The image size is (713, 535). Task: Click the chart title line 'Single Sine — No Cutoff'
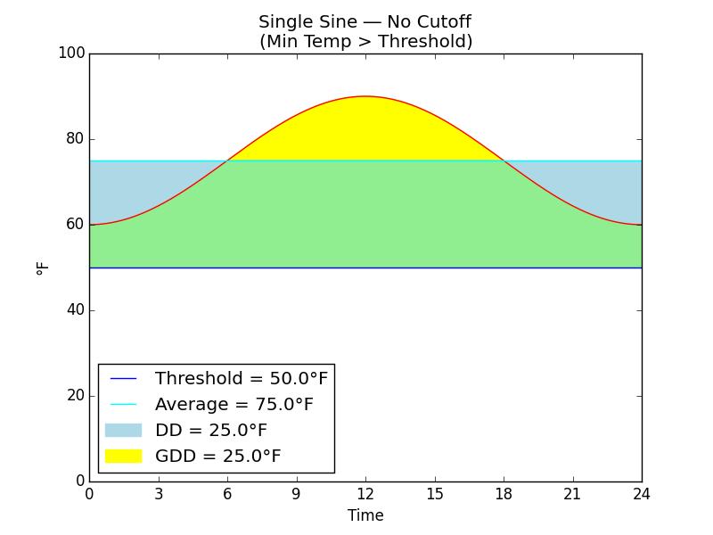click(x=365, y=22)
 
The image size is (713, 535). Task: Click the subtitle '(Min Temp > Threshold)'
click(x=365, y=42)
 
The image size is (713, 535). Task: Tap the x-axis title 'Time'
click(x=365, y=515)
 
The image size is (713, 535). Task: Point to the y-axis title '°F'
click(x=43, y=267)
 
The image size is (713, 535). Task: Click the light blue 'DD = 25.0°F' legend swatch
click(x=123, y=431)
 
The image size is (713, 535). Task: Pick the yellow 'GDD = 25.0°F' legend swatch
click(x=123, y=457)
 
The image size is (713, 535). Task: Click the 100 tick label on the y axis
click(x=71, y=53)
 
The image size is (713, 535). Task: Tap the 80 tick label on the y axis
click(x=75, y=139)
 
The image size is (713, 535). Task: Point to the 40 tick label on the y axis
click(x=75, y=310)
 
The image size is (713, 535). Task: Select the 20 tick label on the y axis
click(x=75, y=396)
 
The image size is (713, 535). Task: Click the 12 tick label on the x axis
click(x=365, y=494)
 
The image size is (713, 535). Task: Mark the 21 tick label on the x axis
click(x=572, y=494)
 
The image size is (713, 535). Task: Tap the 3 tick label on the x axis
click(x=159, y=494)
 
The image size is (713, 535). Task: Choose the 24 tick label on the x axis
click(x=642, y=494)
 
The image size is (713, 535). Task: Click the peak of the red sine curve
click(x=365, y=96)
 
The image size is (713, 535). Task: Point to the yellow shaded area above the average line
click(x=365, y=129)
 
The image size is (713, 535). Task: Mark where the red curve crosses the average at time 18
click(x=504, y=160)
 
